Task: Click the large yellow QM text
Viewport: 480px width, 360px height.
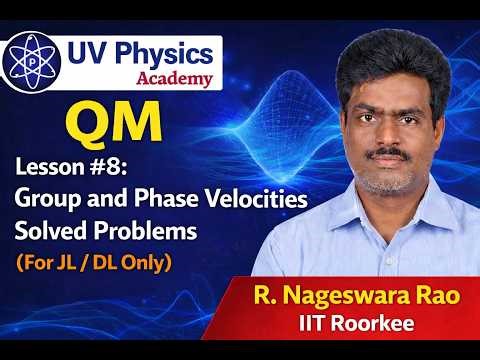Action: pyautogui.click(x=115, y=122)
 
